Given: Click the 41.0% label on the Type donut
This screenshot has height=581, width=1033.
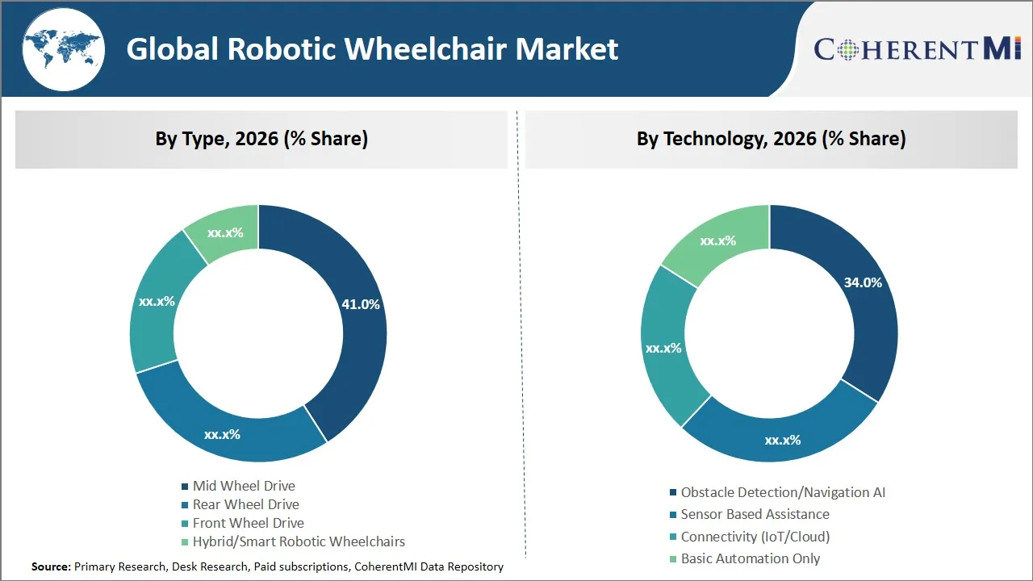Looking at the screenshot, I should [360, 304].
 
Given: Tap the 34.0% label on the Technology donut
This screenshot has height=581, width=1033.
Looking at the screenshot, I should [863, 282].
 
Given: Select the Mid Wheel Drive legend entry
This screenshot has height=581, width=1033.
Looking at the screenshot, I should [243, 486].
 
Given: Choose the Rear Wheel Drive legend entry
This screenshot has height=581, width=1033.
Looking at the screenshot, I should [245, 504].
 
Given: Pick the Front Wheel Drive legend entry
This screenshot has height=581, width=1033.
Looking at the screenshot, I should [248, 523].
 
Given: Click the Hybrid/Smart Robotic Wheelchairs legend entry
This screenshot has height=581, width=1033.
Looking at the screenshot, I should [298, 541].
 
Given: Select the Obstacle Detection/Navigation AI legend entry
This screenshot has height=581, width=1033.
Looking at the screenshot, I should [782, 492].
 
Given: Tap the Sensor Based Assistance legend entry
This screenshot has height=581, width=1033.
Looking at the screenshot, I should [754, 514].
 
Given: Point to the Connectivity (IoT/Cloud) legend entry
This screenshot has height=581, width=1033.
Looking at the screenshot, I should [754, 537].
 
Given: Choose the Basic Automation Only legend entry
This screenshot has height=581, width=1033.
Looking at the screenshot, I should [749, 558].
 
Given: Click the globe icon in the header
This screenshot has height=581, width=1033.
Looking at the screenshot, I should [63, 48].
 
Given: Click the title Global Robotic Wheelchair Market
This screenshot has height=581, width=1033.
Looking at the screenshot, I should [372, 49].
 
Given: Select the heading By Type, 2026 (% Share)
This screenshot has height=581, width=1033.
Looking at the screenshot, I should [261, 139].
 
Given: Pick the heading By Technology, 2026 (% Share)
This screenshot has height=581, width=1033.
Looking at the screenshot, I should [771, 139].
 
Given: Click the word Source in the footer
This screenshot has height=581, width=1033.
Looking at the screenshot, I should [51, 566].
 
